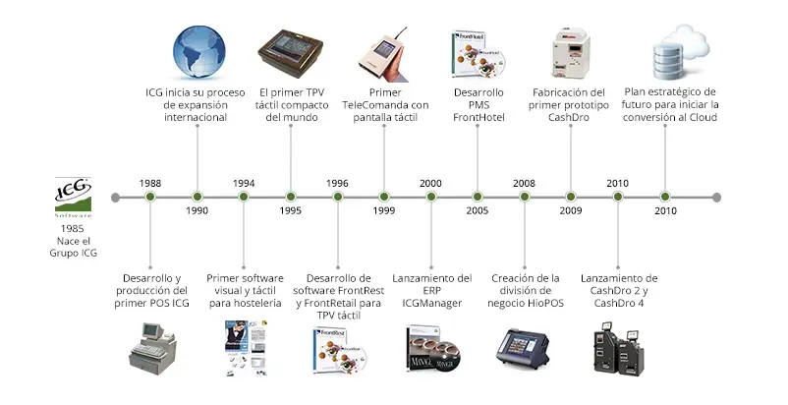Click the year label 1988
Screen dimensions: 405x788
click(150, 183)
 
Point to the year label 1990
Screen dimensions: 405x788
click(197, 211)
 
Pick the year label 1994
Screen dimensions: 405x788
click(244, 183)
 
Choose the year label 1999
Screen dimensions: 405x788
click(384, 211)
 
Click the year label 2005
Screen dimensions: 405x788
click(478, 211)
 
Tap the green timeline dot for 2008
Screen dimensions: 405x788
click(525, 197)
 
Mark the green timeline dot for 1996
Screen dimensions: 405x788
click(338, 197)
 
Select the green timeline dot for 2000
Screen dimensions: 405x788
click(430, 197)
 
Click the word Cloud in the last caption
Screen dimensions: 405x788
click(700, 118)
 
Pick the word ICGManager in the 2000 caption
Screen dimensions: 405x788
click(430, 304)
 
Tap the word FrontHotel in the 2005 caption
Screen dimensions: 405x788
click(478, 118)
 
